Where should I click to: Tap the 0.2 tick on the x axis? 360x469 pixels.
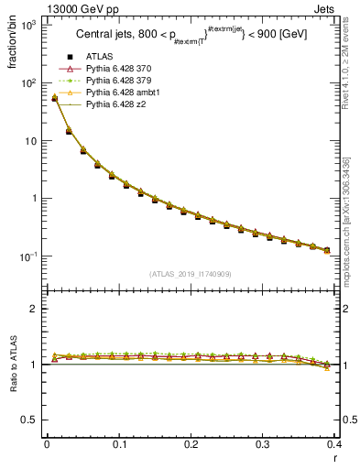[x=191, y=444]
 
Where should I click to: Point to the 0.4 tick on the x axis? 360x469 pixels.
[x=335, y=444]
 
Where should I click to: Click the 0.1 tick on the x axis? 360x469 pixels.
[x=118, y=444]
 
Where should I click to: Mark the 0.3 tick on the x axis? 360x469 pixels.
[x=263, y=444]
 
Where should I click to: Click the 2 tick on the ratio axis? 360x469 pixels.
[x=32, y=310]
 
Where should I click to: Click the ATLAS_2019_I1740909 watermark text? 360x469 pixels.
[x=191, y=274]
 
